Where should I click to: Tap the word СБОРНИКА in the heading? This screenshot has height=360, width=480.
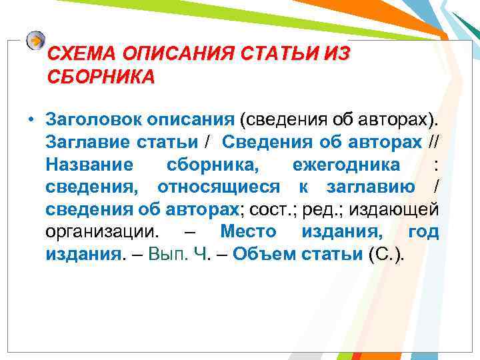(101, 76)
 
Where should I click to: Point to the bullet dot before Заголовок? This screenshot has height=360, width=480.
(31, 120)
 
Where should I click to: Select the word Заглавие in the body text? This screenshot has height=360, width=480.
(85, 142)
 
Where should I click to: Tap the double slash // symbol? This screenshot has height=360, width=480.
(433, 142)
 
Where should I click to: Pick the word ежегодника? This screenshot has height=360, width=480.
(346, 165)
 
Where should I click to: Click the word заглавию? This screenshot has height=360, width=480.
(369, 187)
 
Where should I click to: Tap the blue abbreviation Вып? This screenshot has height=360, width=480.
(169, 255)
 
